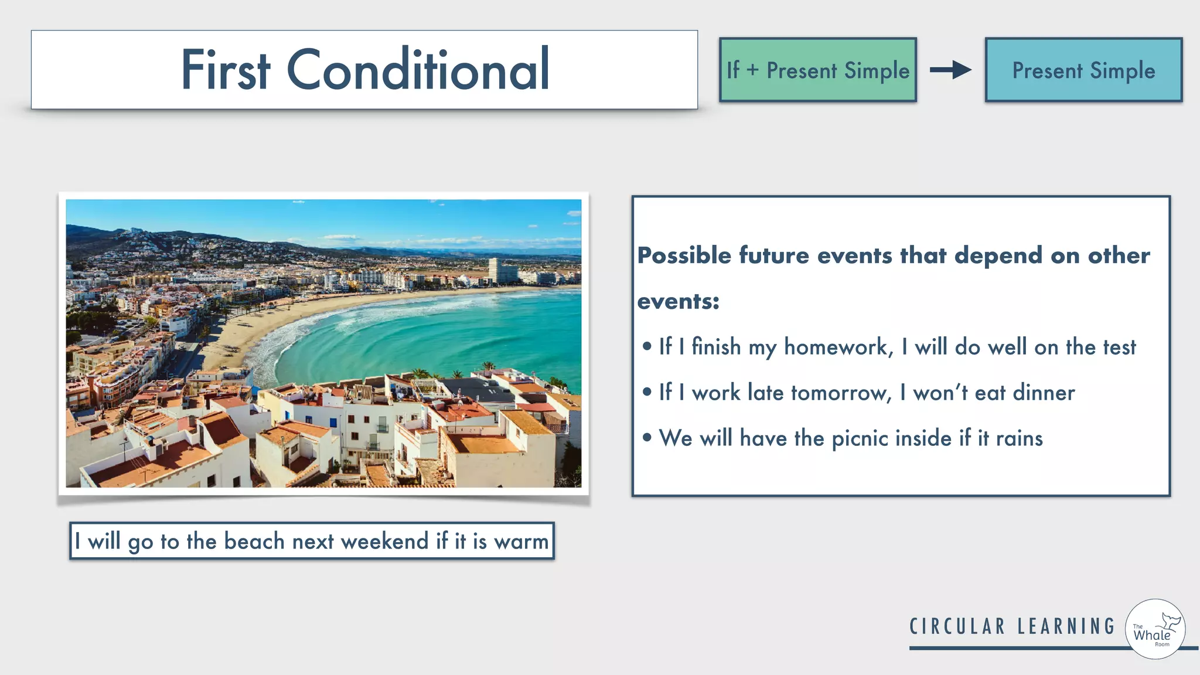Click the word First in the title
tap(225, 70)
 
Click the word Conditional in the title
tap(418, 70)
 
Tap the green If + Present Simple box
tap(817, 70)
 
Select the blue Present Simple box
tap(1083, 70)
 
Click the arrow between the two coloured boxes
tap(950, 70)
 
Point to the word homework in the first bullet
tap(838, 347)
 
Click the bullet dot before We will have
tap(647, 438)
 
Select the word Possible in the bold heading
tap(684, 255)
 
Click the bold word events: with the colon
tap(678, 301)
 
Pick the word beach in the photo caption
tap(254, 541)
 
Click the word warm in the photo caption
tap(521, 541)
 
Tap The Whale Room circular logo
tap(1155, 629)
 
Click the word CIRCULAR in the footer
tap(957, 626)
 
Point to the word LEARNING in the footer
tap(1066, 626)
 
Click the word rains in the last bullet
tap(1019, 438)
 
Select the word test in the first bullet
tap(1119, 347)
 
